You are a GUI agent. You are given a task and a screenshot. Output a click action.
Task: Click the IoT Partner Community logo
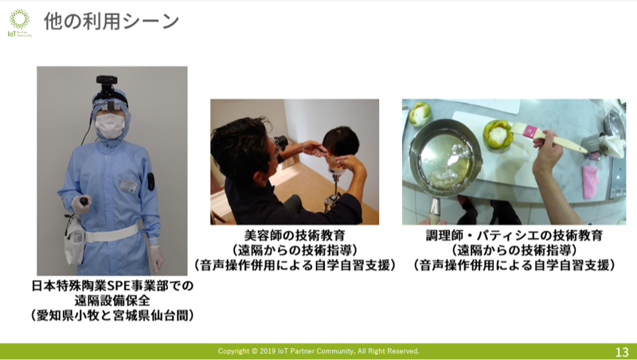coord(19,23)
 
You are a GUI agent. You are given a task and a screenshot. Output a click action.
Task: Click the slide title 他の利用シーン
coord(111,22)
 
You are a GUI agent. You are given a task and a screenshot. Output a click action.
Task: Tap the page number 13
coord(622,351)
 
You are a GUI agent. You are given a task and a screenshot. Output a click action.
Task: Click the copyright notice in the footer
coord(318,351)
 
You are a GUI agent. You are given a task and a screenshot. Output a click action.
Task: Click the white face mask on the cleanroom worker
coord(109,126)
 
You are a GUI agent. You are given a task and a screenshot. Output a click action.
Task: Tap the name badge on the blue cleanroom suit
coord(129,186)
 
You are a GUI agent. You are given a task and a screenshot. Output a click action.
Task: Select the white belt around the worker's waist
coord(110,234)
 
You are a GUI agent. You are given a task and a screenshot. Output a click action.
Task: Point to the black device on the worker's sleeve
coord(150,182)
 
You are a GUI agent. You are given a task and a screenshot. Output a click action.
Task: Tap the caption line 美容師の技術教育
coord(295,235)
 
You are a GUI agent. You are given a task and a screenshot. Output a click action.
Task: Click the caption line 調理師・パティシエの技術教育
coord(514,235)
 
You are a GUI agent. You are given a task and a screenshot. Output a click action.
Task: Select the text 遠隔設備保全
coord(112,301)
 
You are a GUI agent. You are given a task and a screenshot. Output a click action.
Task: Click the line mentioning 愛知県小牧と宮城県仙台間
coord(112,315)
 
